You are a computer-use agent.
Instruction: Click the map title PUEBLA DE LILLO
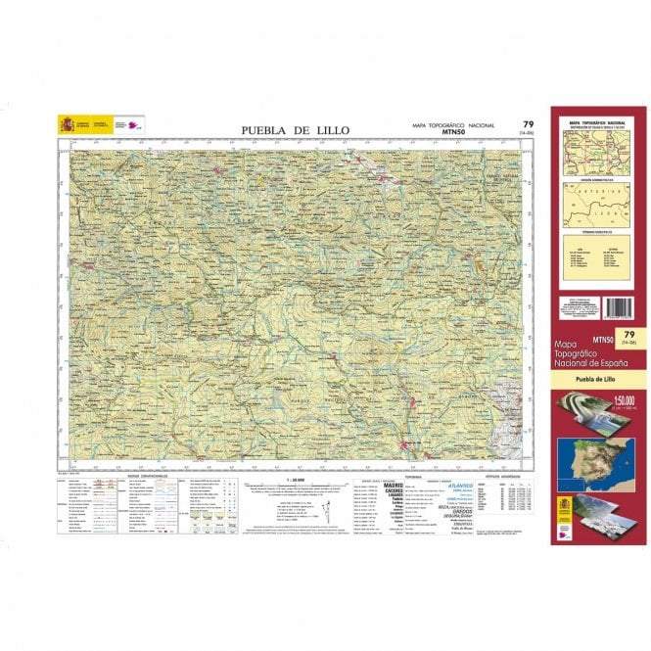[295, 131]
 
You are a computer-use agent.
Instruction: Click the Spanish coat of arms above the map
[67, 124]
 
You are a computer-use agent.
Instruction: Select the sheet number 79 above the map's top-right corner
[528, 123]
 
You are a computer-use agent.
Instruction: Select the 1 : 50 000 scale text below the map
[294, 480]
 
